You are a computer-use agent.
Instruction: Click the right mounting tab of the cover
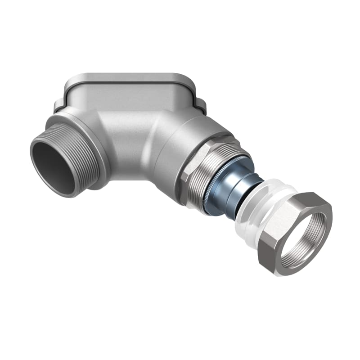[201, 107]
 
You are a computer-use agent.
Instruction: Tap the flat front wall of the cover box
[130, 97]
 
